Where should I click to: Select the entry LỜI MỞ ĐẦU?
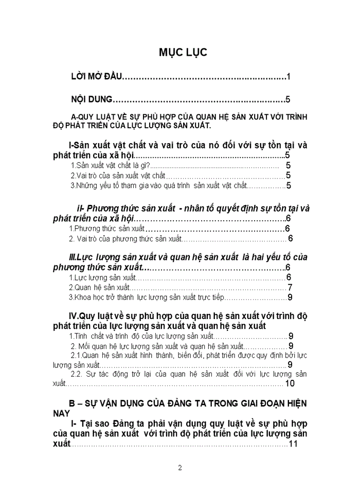click(95, 77)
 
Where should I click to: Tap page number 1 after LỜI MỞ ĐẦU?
click(289, 77)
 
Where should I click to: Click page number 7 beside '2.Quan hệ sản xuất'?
click(290, 288)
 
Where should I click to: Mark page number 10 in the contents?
click(289, 383)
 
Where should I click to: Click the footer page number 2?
click(180, 468)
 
